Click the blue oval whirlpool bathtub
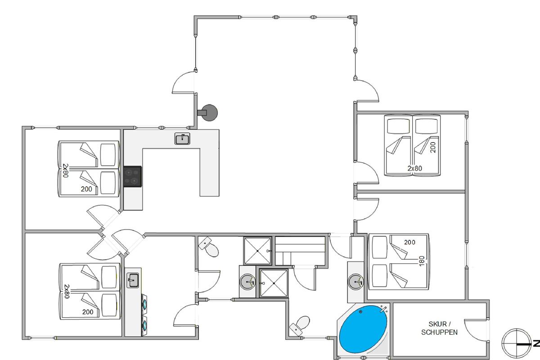[363, 329]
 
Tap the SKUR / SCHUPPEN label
[439, 328]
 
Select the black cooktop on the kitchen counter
[133, 176]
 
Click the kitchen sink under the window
[182, 139]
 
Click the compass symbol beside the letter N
[517, 343]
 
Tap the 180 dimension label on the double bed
[422, 261]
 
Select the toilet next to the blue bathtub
[300, 325]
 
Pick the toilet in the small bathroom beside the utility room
[209, 247]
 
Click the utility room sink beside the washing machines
[133, 280]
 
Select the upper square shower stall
[257, 251]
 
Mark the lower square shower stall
[274, 283]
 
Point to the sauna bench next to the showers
[301, 251]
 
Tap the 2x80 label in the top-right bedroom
[415, 168]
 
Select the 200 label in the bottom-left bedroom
[88, 312]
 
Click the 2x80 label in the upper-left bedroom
[66, 171]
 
